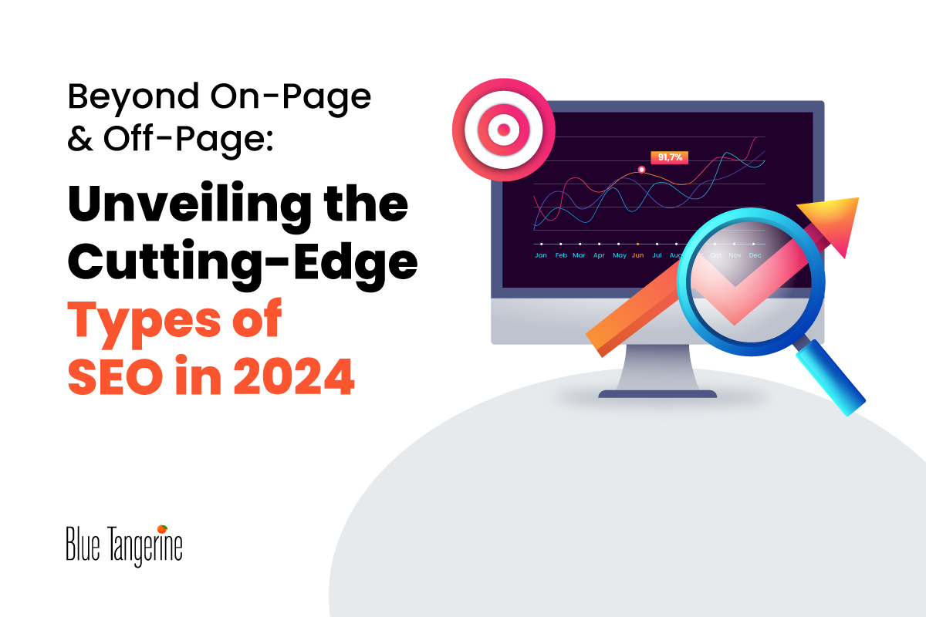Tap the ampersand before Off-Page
point(79,139)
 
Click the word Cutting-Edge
point(242,263)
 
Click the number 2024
point(294,377)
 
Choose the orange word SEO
point(115,377)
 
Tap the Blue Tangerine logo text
point(124,546)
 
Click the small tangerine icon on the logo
point(162,529)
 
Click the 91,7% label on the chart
point(670,157)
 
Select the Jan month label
point(541,255)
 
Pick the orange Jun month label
point(638,255)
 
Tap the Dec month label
point(755,255)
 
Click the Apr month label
point(599,255)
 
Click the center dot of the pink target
point(503,130)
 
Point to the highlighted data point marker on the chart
point(641,170)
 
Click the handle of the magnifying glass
point(830,377)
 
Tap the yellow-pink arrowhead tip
point(858,198)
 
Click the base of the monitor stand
point(657,394)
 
